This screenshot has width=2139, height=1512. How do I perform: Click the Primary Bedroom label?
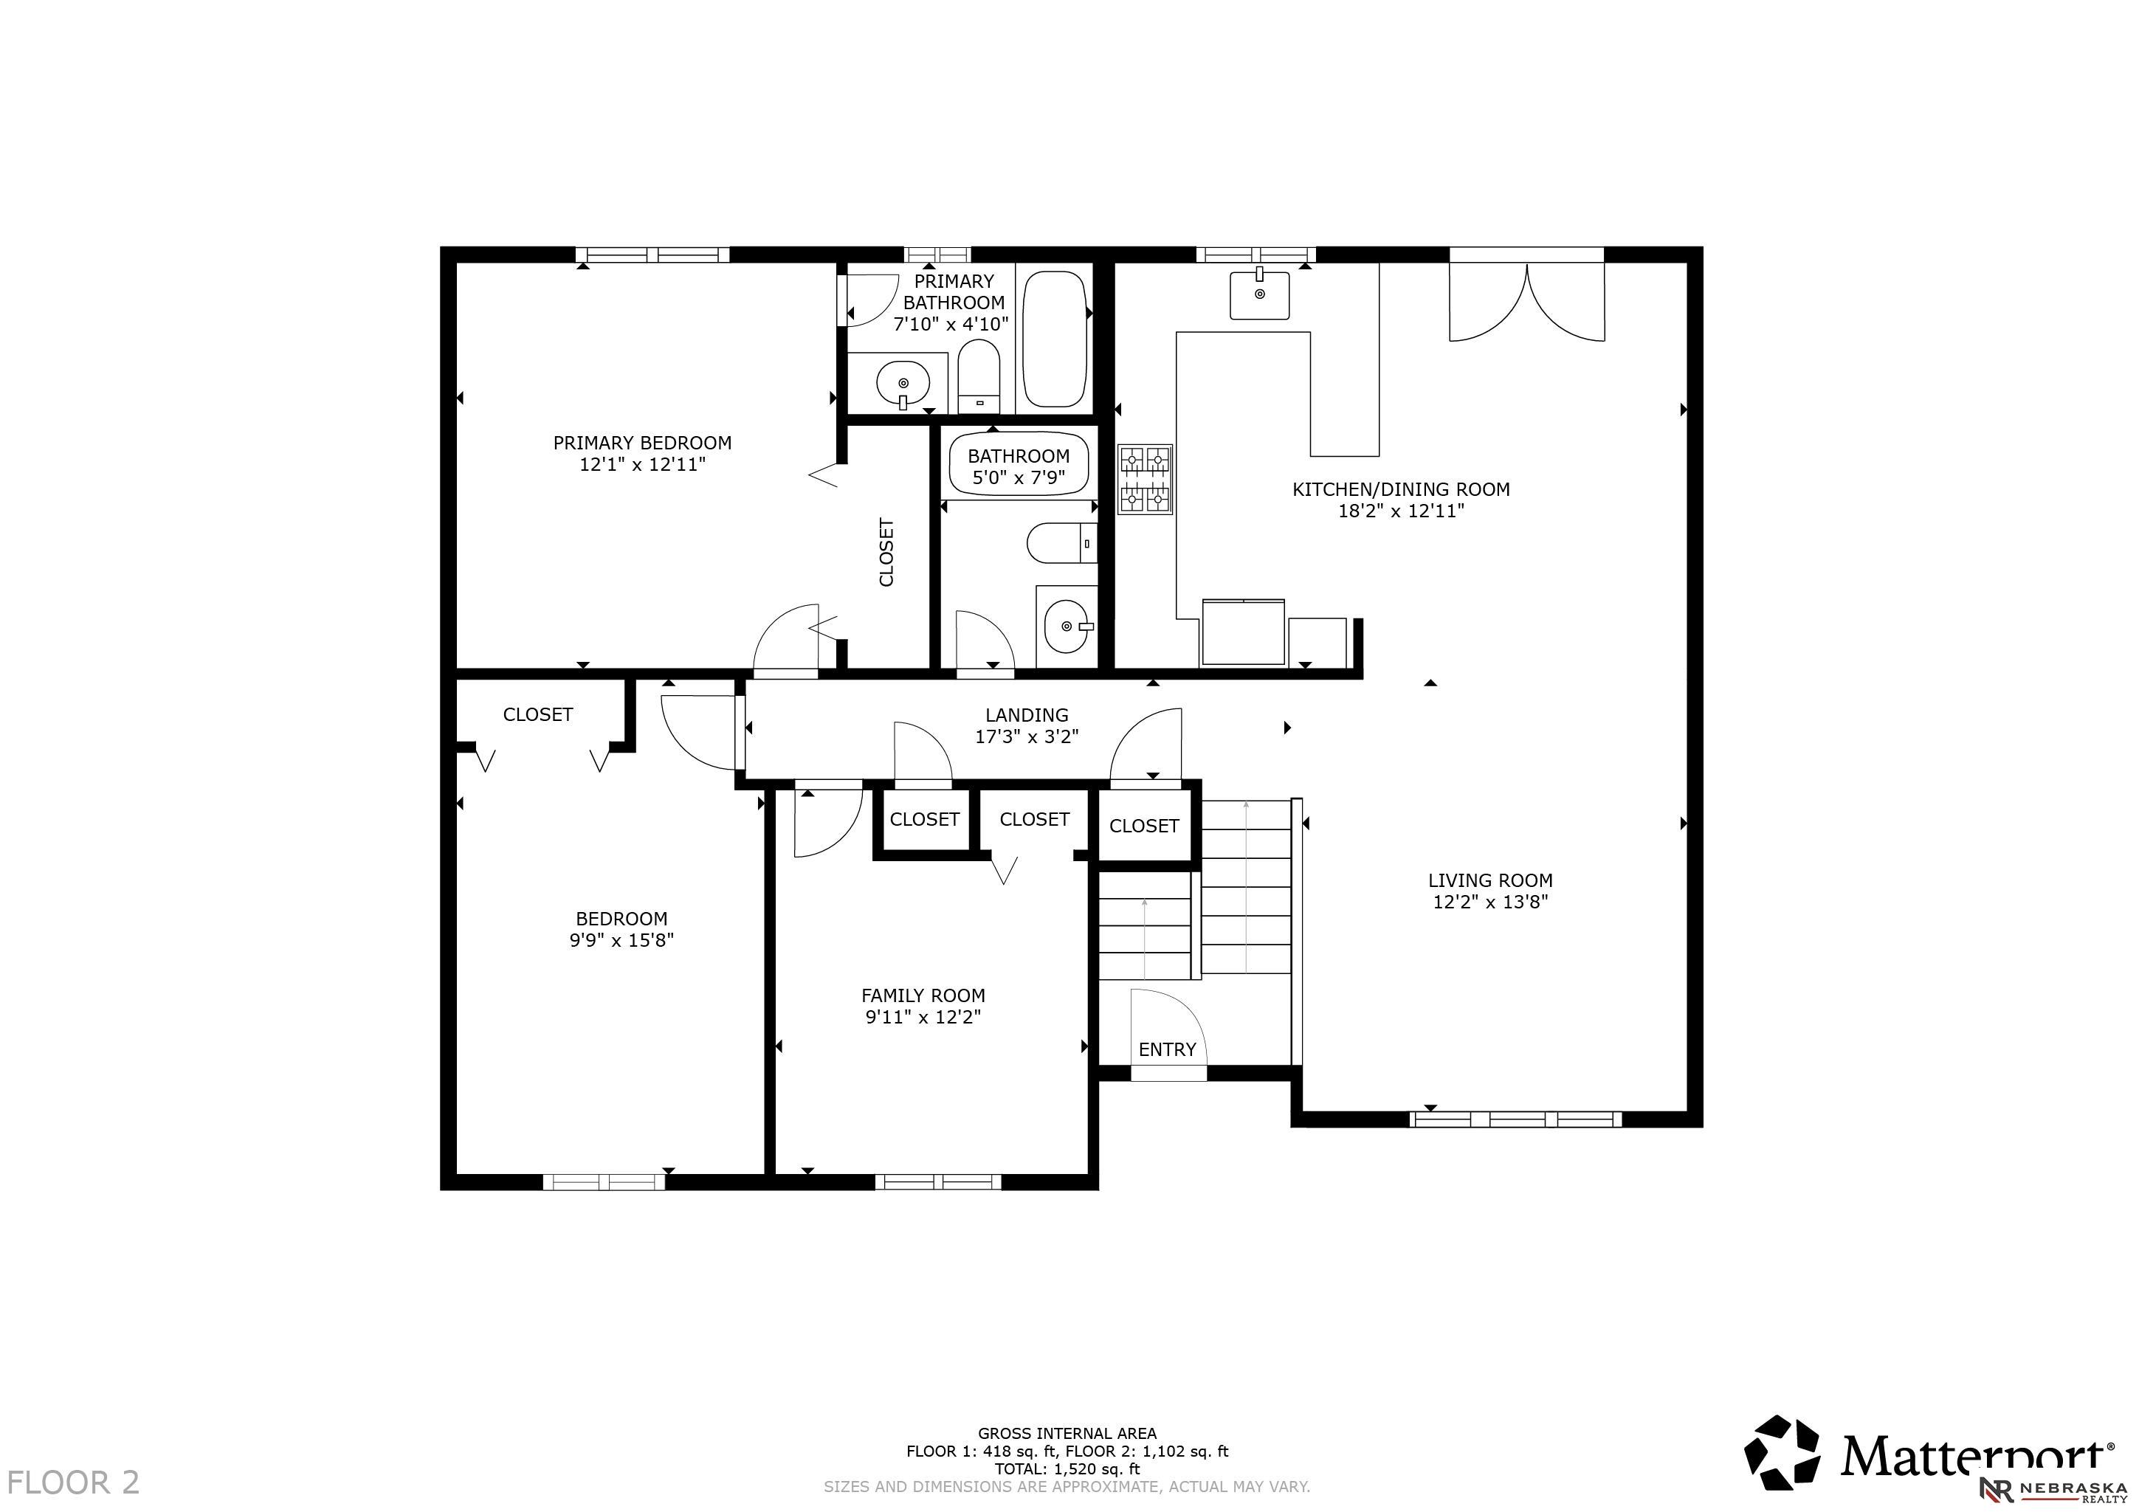click(642, 443)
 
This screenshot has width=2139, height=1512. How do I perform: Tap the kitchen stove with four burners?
click(1145, 479)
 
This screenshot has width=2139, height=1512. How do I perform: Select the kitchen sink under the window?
click(1259, 294)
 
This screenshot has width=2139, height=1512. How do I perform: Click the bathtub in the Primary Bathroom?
click(1055, 339)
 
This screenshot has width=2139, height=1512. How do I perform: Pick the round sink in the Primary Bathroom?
click(903, 383)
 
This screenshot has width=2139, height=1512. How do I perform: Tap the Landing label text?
click(1027, 714)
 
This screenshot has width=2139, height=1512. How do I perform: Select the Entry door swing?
click(1168, 1025)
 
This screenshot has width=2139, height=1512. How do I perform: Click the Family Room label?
click(923, 995)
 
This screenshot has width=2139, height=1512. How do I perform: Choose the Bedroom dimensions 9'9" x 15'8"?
click(621, 940)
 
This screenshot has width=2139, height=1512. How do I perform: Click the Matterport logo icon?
click(1781, 1452)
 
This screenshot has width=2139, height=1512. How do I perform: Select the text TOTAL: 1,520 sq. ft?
click(1067, 1469)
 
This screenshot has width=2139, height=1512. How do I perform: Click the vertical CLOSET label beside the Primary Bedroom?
click(886, 553)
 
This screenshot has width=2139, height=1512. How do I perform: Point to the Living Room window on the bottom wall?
click(1516, 1119)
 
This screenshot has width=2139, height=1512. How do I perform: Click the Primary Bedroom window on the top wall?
click(652, 255)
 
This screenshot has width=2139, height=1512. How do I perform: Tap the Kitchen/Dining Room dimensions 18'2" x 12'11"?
click(1400, 511)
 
